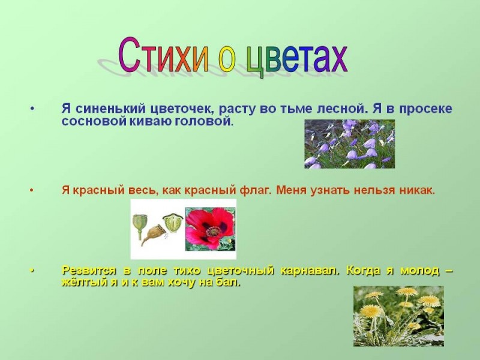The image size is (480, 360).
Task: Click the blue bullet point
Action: click(x=32, y=109)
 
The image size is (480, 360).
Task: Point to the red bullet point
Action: click(x=32, y=190)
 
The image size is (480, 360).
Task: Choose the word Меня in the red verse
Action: click(x=292, y=190)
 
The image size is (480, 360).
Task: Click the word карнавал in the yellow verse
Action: click(x=310, y=271)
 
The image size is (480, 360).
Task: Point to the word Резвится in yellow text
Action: click(x=89, y=271)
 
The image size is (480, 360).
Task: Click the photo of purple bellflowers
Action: click(x=350, y=144)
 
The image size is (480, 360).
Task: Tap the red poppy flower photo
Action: click(x=211, y=229)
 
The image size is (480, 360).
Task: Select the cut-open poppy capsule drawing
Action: click(x=173, y=223)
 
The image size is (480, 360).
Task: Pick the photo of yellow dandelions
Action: click(x=398, y=316)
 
